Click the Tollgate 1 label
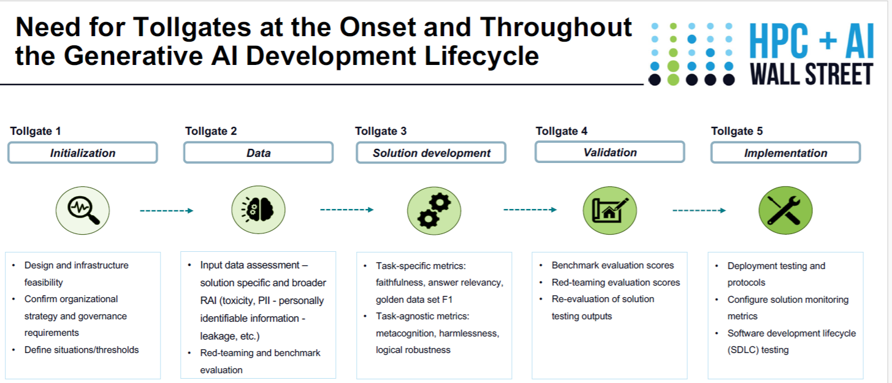pos(36,131)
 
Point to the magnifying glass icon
pos(83,210)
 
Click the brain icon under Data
pos(259,210)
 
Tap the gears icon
pos(434,211)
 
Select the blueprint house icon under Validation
pos(609,210)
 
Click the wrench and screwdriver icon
pos(786,210)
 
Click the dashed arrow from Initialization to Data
pos(167,211)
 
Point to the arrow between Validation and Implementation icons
pos(699,210)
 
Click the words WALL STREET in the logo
pos(812,74)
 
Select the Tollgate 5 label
pos(737,131)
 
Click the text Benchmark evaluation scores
pos(612,265)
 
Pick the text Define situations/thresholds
pos(82,349)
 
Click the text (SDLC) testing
pos(758,350)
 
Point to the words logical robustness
pos(413,350)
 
